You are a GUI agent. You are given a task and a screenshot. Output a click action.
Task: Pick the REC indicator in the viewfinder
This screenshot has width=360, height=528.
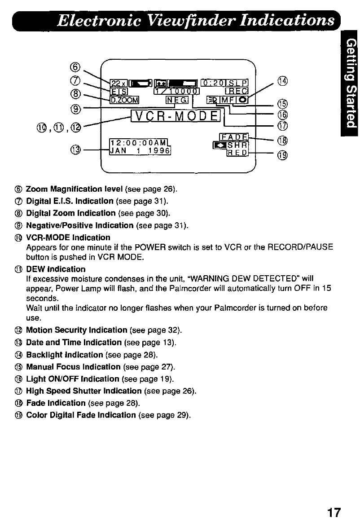[x=237, y=92]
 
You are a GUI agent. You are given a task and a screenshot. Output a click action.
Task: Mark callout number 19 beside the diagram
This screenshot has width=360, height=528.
[x=282, y=156]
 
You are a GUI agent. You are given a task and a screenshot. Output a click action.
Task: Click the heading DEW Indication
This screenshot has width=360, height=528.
[x=56, y=269]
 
